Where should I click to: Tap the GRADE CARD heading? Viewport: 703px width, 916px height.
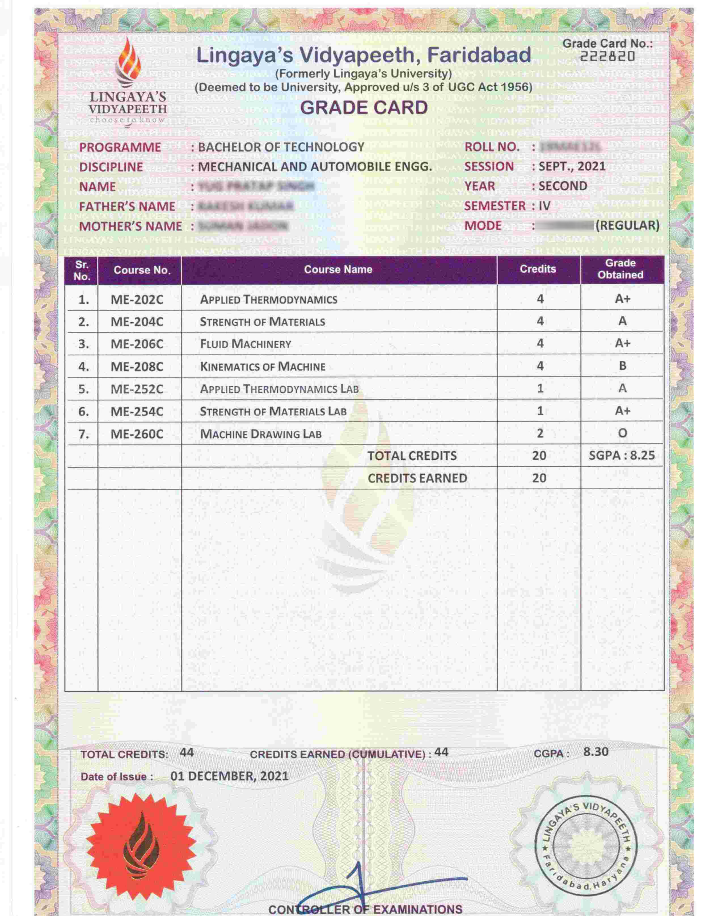364,108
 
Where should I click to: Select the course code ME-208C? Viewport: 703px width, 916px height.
137,367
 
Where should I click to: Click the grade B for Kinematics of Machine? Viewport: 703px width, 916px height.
622,366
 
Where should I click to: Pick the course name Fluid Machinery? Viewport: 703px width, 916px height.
245,344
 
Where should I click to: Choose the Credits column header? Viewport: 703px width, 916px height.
538,269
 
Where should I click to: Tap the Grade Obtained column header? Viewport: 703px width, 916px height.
620,269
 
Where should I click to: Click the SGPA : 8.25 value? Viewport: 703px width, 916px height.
621,456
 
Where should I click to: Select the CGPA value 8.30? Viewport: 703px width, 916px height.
596,751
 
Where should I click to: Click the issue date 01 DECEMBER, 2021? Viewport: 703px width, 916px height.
229,776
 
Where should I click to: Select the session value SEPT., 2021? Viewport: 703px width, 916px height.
572,166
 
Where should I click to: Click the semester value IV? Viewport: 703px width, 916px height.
544,206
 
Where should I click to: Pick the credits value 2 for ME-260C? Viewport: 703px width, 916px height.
540,433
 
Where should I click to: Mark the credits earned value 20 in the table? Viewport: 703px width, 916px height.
539,478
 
